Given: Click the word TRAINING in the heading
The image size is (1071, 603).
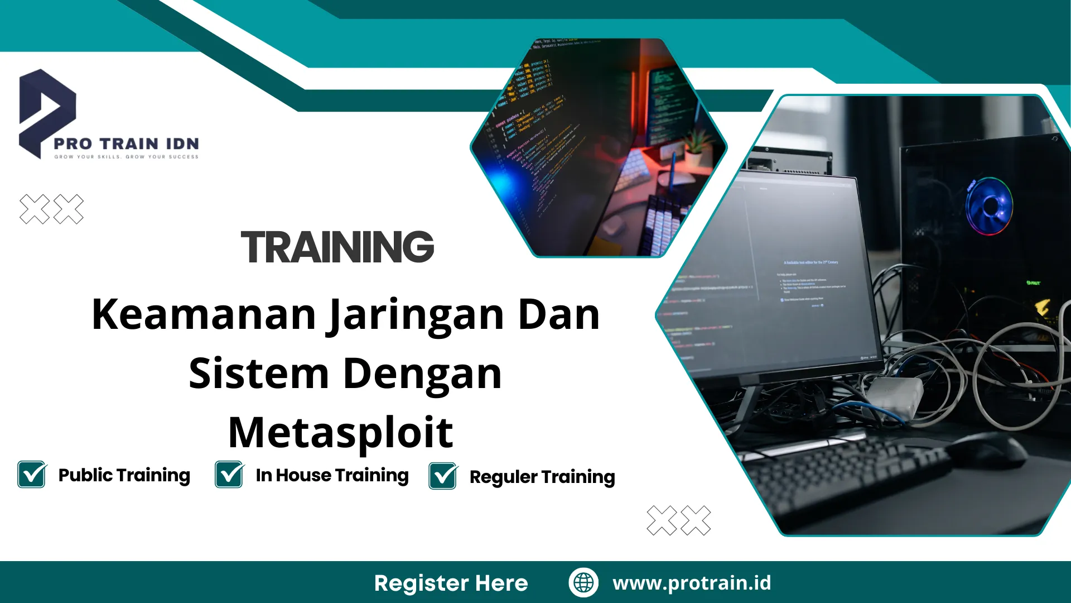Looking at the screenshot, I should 337,247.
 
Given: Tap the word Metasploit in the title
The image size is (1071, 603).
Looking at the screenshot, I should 340,432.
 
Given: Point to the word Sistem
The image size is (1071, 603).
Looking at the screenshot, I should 259,374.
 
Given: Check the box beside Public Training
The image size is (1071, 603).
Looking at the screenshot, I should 32,475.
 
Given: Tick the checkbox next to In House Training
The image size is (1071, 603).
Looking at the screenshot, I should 229,475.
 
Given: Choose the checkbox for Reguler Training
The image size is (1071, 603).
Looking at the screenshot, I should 443,476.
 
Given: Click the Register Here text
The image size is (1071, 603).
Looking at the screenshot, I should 451,583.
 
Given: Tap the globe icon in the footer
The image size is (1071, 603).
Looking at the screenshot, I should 583,582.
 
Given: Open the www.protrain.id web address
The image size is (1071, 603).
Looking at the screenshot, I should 692,582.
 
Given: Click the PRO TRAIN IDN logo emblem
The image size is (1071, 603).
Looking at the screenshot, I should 47,112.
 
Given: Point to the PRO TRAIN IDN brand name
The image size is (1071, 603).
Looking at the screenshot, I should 126,144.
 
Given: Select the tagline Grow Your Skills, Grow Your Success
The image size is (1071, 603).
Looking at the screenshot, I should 126,157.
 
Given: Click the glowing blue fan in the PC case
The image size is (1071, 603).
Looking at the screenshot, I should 990,205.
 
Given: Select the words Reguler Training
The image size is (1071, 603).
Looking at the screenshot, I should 542,477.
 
